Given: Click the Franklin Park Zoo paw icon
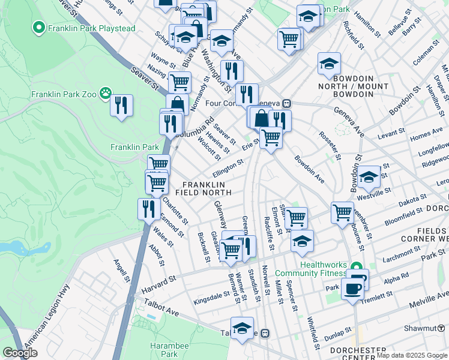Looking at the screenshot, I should pyautogui.click(x=106, y=93).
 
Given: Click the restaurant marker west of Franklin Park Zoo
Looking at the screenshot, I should pyautogui.click(x=122, y=106).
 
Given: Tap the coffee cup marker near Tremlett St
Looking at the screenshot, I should pyautogui.click(x=352, y=289).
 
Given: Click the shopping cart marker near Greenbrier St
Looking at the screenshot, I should pyautogui.click(x=342, y=211).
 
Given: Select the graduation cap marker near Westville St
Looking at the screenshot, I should pyautogui.click(x=369, y=176).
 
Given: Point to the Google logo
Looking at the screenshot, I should pyautogui.click(x=20, y=353).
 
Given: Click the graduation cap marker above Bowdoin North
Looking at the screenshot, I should pyautogui.click(x=329, y=63).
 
